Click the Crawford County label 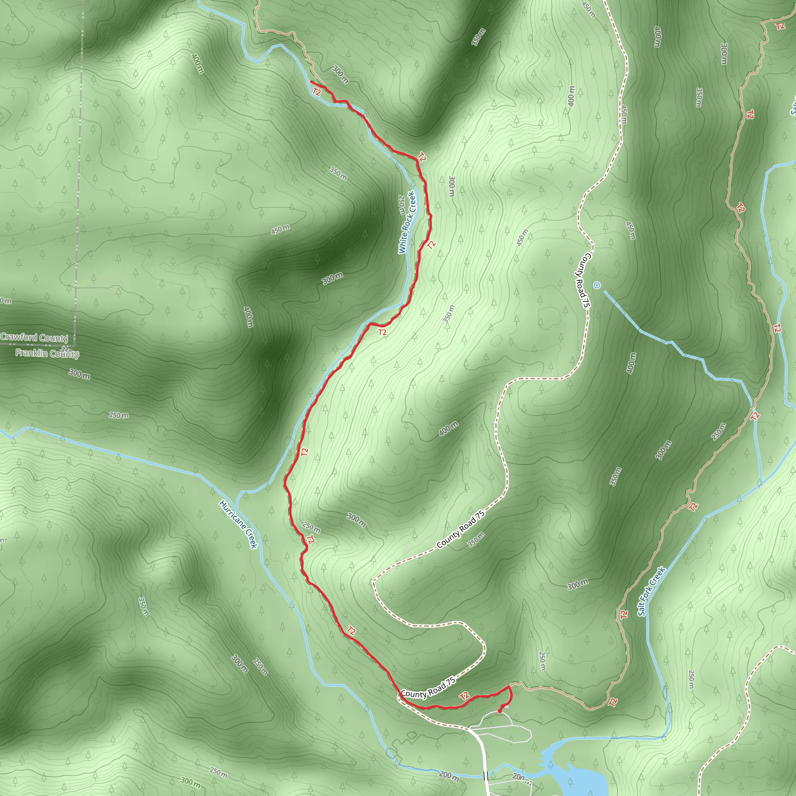point(34,337)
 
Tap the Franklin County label point(47,354)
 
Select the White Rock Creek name point(406,222)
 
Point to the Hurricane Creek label point(239,524)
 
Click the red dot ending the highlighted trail point(500,711)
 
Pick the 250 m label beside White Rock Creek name point(400,205)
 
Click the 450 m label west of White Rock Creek point(280,229)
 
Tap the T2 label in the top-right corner point(780,26)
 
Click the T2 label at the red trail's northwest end point(316,92)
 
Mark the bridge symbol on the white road point(486,776)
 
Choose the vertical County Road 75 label point(583,280)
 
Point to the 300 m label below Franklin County point(79,374)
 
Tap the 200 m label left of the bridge point(449,776)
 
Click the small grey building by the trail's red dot point(506,707)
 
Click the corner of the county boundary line point(75,345)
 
